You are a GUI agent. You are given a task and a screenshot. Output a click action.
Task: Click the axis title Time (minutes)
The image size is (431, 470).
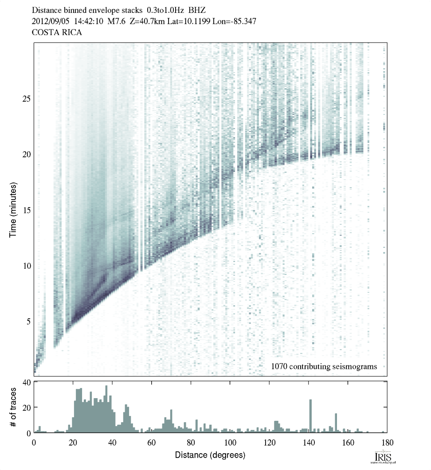[13, 209]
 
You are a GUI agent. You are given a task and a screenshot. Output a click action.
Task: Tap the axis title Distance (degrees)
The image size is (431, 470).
[210, 455]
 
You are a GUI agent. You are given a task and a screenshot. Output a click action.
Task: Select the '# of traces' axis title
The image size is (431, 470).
[13, 407]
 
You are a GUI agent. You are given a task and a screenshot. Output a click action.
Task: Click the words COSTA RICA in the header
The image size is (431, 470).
[51, 32]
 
